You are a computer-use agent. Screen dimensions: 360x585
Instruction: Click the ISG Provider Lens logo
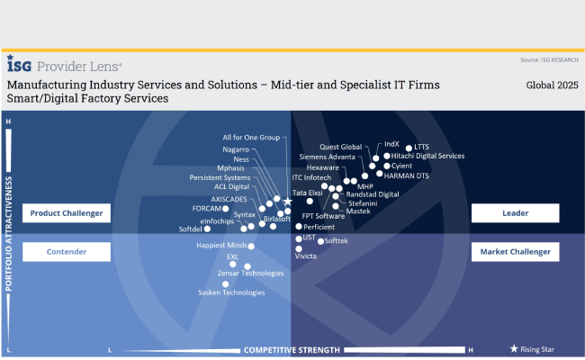64,66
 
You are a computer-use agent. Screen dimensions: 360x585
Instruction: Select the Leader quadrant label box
515,213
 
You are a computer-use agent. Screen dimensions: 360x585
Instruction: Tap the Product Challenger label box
66,213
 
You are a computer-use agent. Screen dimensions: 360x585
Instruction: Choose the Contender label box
66,252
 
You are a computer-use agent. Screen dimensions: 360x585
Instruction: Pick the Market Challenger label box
515,252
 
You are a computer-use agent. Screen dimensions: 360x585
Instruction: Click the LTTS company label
422,147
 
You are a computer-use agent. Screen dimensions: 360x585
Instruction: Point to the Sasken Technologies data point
225,284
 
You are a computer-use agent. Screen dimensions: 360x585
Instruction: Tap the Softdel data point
208,229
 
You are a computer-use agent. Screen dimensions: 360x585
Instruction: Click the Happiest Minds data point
251,246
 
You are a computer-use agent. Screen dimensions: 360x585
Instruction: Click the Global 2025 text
552,85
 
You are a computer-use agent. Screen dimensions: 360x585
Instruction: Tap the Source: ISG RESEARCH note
548,60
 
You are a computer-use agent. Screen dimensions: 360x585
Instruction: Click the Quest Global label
340,147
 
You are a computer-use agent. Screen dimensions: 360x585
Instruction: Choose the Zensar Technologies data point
247,265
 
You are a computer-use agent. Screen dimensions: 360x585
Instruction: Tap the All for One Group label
251,137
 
